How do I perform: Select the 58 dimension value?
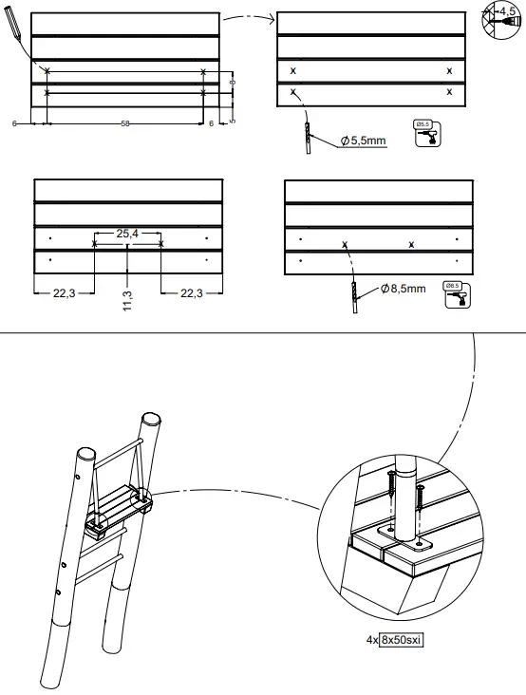125,124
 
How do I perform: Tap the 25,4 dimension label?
128,233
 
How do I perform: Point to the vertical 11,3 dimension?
127,304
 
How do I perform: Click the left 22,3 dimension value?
63,293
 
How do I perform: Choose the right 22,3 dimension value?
193,293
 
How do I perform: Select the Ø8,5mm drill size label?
403,289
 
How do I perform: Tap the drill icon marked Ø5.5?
428,134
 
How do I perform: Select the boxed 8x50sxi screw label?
401,640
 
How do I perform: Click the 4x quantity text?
371,640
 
